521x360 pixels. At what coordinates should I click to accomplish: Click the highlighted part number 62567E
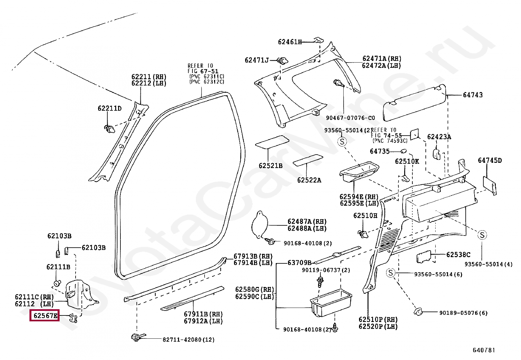tap(45, 315)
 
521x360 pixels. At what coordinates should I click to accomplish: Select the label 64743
tap(473, 95)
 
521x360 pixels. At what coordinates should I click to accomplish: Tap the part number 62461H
tap(290, 42)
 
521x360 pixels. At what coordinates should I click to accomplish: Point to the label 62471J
tap(257, 60)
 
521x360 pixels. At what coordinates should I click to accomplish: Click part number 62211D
tap(110, 108)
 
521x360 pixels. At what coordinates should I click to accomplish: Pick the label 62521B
tap(271, 165)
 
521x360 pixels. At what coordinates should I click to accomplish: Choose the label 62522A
tap(309, 180)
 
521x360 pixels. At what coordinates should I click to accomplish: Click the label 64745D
tap(490, 161)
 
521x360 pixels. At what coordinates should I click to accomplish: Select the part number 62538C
tap(458, 255)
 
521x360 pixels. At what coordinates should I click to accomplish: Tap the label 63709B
tap(299, 263)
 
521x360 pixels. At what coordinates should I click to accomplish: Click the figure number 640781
tap(484, 350)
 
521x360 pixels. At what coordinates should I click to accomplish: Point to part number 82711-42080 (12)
tap(189, 340)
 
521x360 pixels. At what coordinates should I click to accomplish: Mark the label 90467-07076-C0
tap(350, 118)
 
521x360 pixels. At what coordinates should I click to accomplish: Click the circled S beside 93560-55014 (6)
tap(390, 273)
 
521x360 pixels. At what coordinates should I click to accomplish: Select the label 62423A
tap(439, 137)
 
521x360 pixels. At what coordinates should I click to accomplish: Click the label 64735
tap(380, 151)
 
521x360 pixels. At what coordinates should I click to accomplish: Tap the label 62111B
tap(58, 267)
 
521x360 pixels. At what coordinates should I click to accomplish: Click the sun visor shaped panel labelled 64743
tap(414, 103)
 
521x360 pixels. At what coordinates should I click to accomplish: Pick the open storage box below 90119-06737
tap(331, 302)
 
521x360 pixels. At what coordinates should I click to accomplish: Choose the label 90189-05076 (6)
tap(463, 313)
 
